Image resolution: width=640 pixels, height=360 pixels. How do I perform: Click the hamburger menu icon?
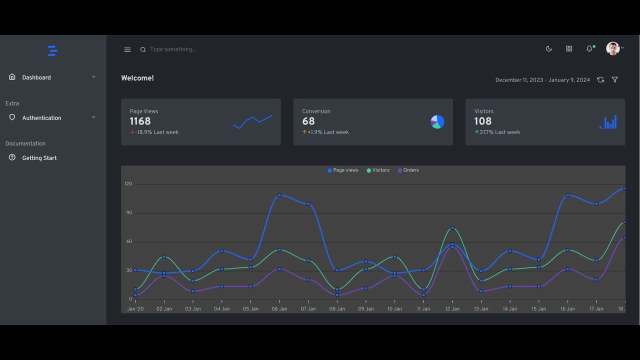coord(127,49)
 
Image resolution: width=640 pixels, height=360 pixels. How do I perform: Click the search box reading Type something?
coord(172,49)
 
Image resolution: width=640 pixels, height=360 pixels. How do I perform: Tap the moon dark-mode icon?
coord(548,48)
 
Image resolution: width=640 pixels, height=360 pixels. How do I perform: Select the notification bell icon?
coord(589,48)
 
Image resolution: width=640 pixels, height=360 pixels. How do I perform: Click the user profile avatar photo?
coord(612,48)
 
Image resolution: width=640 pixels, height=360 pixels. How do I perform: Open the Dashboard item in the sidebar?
coord(36,77)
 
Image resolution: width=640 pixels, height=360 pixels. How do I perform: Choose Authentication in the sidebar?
coord(41,118)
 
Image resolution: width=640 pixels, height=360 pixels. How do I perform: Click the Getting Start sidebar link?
coord(39,158)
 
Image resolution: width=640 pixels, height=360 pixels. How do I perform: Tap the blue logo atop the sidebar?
coord(52,50)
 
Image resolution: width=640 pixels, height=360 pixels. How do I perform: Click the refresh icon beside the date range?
coord(600,80)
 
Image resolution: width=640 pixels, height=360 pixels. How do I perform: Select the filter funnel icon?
coord(615,80)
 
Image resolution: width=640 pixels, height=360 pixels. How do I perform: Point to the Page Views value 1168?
coord(140,121)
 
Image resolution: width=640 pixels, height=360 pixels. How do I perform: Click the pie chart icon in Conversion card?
coord(437,122)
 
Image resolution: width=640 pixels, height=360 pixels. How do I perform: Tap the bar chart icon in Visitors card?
coord(608,122)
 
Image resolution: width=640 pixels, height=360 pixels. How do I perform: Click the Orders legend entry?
coord(408,170)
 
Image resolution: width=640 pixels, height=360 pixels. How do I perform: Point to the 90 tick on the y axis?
coord(129,213)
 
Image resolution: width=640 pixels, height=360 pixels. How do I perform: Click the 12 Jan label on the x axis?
coord(452,309)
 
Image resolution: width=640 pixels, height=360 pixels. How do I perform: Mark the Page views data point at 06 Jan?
coord(279,195)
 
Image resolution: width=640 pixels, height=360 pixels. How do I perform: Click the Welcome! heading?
coord(137,78)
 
